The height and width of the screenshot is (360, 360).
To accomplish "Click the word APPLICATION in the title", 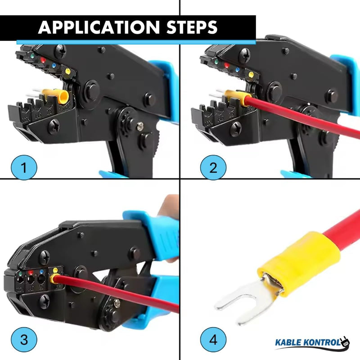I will tap(98, 27).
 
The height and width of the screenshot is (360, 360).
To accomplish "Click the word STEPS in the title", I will tap(191, 27).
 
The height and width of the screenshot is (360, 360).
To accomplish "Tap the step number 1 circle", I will tap(24, 167).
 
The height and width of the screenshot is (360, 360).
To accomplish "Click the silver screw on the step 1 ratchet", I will tap(140, 127).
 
